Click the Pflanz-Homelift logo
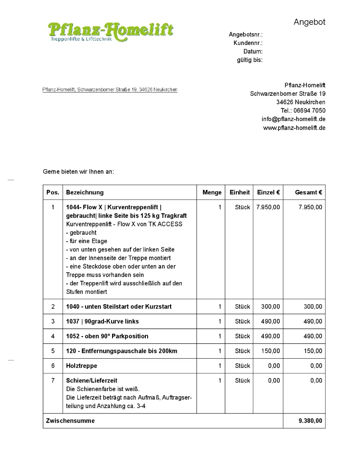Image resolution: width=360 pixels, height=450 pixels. pos(110,31)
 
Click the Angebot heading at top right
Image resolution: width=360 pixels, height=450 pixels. pos(309,22)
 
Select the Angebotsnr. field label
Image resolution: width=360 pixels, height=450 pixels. pos(246,35)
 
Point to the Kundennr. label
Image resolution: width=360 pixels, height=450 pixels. pos(248,43)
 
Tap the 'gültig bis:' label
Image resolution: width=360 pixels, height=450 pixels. pos(250,60)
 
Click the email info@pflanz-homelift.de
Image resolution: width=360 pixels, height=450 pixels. pos(293,119)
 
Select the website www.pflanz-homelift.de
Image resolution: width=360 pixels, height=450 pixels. pos(294,128)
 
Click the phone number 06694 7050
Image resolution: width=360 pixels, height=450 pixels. pos(310,111)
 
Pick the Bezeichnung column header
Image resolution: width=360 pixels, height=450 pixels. pos(85,192)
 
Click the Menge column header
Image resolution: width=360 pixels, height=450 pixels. pos(212,192)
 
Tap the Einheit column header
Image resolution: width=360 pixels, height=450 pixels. pos(239,192)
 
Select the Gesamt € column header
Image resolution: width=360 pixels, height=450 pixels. pos(308,192)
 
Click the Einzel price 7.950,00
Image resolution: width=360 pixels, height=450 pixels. pos(268,207)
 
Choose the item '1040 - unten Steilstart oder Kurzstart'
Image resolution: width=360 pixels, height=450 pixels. pos(119,306)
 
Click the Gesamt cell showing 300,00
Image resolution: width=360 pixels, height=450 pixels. pos(313,306)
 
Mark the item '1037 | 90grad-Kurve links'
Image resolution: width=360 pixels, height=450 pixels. pos(103,321)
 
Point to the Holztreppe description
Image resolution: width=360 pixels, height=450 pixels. pos(81,366)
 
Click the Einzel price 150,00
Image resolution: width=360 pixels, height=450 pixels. pos(270,351)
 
